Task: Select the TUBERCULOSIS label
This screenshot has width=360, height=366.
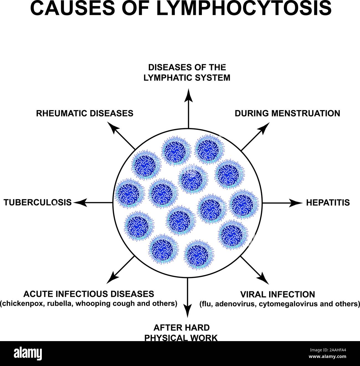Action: click(38, 203)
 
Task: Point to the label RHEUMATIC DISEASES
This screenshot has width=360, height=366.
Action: click(85, 113)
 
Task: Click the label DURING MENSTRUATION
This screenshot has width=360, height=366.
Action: click(287, 113)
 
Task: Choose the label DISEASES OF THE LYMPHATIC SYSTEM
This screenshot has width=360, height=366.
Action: click(187, 72)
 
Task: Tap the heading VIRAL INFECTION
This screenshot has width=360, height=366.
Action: click(277, 294)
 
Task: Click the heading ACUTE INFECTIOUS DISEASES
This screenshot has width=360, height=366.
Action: click(89, 294)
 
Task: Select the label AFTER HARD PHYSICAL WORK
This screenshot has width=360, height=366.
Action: click(182, 333)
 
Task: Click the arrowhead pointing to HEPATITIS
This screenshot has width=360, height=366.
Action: click(298, 203)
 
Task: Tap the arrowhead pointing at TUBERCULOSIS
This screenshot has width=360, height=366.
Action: click(78, 203)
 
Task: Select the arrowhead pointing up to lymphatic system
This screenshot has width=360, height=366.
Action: click(188, 94)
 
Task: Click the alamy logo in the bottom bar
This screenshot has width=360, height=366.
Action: click(28, 353)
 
